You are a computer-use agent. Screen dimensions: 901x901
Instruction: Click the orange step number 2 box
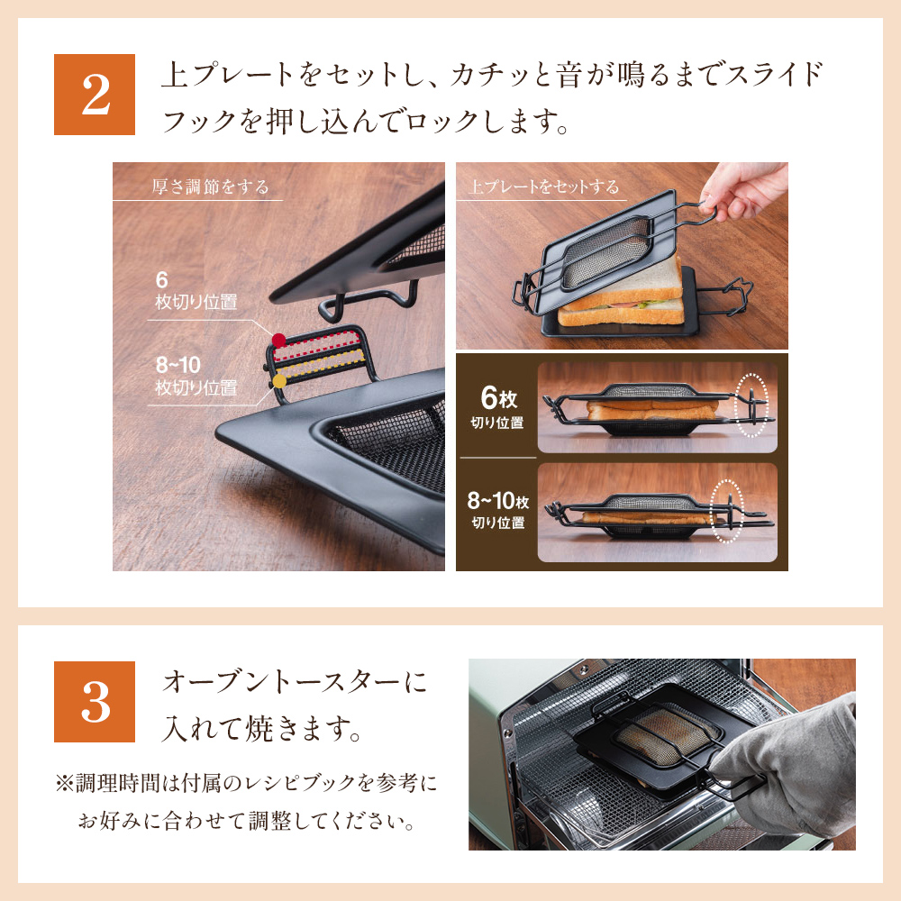[x=94, y=95]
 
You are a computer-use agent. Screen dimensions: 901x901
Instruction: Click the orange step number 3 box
[x=94, y=702]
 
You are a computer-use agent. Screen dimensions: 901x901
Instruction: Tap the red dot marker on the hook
[x=278, y=341]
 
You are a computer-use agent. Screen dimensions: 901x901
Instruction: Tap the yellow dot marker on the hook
[x=279, y=381]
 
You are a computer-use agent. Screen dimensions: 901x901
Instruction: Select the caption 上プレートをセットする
[x=543, y=187]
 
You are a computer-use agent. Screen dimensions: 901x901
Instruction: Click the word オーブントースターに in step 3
[x=293, y=682]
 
